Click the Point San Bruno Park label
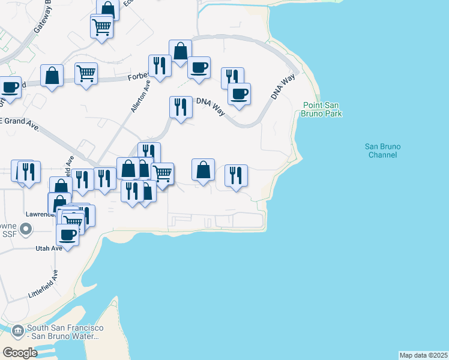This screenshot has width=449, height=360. pyautogui.click(x=322, y=109)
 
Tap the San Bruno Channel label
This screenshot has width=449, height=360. pyautogui.click(x=382, y=151)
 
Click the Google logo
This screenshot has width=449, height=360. pyautogui.click(x=20, y=353)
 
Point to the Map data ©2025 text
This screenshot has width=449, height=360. pyautogui.click(x=423, y=355)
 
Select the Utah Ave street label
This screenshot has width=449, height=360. pyautogui.click(x=48, y=248)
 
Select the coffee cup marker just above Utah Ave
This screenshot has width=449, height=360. pyautogui.click(x=68, y=234)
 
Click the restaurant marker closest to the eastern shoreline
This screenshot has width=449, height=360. pyautogui.click(x=236, y=175)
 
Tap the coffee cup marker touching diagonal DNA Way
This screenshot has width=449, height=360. pyautogui.click(x=239, y=94)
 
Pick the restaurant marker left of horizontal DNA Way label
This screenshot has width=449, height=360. pyautogui.click(x=181, y=107)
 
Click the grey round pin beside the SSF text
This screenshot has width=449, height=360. pyautogui.click(x=25, y=229)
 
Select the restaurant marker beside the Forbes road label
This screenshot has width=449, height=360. pyautogui.click(x=160, y=65)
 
